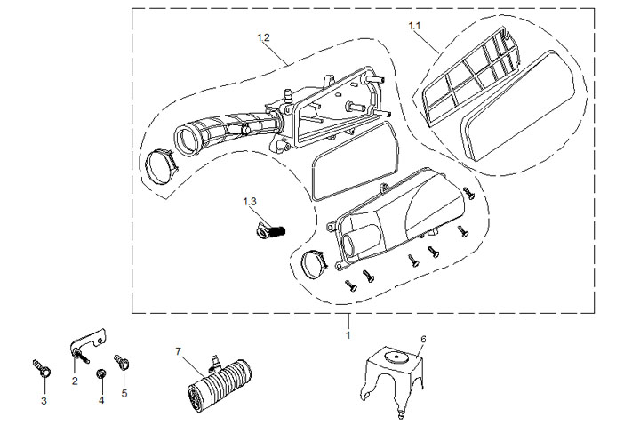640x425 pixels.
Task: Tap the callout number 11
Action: (415, 27)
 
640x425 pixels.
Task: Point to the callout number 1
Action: (348, 335)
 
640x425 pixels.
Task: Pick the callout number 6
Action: (423, 339)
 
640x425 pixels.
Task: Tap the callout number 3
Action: (44, 401)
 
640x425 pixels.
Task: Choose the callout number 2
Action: (75, 381)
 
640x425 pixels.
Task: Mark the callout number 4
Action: (101, 399)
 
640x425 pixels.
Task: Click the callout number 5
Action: (124, 392)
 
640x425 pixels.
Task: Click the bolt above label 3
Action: (41, 366)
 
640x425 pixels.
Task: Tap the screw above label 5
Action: (123, 363)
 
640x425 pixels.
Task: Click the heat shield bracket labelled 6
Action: (396, 374)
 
